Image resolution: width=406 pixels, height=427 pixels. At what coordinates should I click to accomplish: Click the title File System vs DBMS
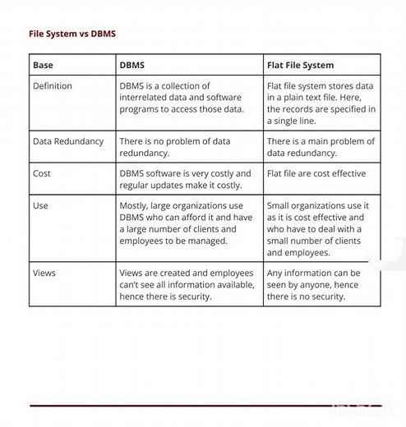(72, 34)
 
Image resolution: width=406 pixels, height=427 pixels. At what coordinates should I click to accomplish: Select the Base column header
(43, 65)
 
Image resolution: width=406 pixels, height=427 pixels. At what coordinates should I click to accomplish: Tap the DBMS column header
(134, 65)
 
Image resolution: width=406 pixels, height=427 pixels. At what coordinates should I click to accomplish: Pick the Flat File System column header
(300, 65)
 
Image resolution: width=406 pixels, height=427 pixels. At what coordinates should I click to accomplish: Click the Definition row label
(53, 86)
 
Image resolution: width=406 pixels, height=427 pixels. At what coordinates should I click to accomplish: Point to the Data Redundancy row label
(68, 141)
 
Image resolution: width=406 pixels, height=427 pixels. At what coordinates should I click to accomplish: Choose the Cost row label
(42, 174)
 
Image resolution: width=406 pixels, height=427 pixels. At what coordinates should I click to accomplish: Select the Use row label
(40, 206)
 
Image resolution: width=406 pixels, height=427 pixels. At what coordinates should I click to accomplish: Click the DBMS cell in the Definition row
(182, 98)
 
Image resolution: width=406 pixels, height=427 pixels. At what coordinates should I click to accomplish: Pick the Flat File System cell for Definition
(321, 103)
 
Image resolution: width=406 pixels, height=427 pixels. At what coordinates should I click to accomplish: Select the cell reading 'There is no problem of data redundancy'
(175, 147)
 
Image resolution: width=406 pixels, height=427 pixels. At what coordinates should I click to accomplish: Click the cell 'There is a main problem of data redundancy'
(321, 147)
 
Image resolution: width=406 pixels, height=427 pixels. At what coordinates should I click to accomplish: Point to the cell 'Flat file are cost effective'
(316, 174)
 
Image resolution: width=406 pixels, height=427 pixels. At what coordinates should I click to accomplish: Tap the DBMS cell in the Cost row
(185, 180)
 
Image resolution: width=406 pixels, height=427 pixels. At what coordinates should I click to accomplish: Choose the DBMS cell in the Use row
(186, 223)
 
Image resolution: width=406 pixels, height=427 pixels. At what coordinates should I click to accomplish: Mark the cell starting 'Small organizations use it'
(318, 229)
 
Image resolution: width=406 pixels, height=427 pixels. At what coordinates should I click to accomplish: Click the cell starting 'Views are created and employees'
(187, 285)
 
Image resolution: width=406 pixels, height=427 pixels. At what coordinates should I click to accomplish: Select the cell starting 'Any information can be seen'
(313, 285)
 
